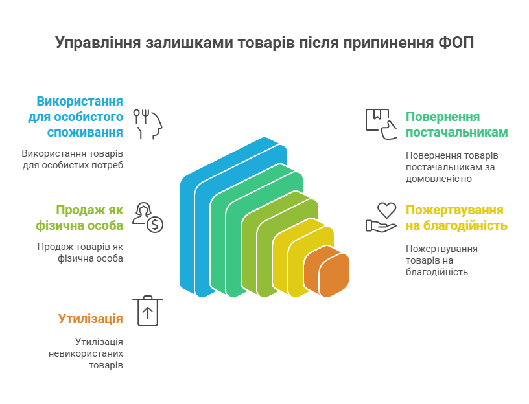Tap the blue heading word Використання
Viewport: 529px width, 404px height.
80,102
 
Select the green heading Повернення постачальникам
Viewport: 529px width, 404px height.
456,124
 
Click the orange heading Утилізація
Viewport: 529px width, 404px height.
91,319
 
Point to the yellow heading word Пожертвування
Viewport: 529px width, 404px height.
454,211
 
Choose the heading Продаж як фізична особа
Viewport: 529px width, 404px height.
89,218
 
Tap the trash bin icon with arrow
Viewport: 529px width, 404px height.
148,311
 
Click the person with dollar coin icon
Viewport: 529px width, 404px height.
148,217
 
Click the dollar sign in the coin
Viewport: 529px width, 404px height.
155,225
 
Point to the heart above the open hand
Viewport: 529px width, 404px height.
387,210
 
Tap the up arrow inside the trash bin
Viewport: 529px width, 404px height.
148,313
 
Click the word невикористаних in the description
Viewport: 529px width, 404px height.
86,353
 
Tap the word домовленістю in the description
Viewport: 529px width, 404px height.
438,178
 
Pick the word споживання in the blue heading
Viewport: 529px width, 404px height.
85,133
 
